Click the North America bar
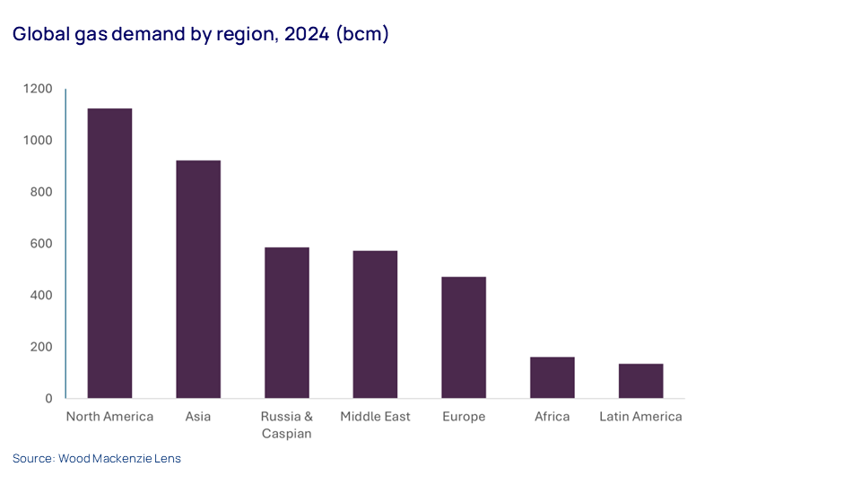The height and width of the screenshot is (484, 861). [109, 254]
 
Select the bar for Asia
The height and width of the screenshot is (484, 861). [198, 280]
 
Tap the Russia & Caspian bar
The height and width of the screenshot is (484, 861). [287, 323]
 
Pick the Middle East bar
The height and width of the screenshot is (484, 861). [375, 324]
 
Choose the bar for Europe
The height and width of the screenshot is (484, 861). [464, 338]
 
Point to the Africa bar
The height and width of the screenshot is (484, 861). [552, 377]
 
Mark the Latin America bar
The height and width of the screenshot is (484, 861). [640, 381]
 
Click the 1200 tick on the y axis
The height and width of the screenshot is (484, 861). [39, 89]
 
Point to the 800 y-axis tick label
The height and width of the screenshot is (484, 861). [41, 192]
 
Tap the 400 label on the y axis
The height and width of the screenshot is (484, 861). [41, 295]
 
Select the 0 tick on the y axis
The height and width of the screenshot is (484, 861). [48, 398]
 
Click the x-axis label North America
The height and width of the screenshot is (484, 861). [109, 417]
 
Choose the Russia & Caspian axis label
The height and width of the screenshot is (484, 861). [287, 425]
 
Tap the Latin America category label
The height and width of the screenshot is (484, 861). [640, 417]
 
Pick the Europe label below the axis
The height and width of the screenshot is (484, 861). [464, 417]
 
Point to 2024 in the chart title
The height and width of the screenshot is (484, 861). [302, 35]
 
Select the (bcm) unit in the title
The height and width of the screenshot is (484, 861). [362, 35]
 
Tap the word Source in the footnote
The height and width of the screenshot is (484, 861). [32, 458]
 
